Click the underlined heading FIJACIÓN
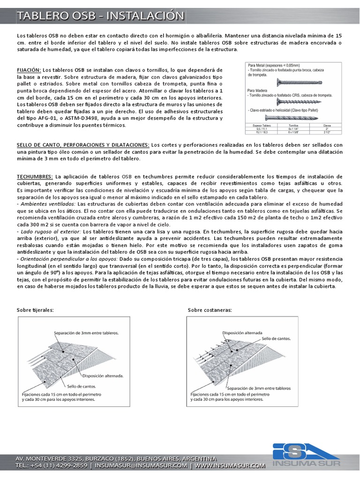click(29, 69)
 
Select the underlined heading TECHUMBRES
click(35, 175)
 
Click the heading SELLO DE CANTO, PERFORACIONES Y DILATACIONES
click(83, 145)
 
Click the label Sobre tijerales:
click(35, 310)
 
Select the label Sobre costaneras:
click(210, 310)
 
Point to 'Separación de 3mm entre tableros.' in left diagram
click(86, 333)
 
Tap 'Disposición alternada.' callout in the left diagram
click(103, 375)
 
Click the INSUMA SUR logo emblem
click(300, 453)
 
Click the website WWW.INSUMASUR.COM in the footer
click(230, 466)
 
